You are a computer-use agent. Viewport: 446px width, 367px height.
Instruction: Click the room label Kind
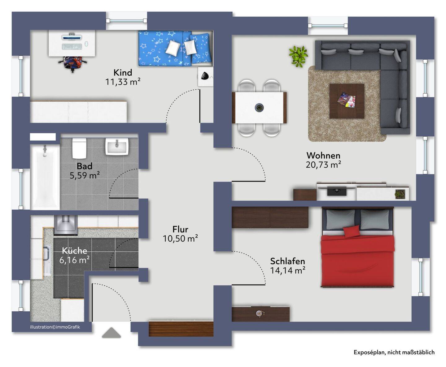(123, 73)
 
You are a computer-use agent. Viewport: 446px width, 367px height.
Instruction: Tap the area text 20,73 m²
(323, 165)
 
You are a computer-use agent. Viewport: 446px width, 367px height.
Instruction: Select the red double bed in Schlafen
(357, 247)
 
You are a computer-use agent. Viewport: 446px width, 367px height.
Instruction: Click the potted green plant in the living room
(298, 56)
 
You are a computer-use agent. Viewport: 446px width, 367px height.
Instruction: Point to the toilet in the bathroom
(79, 148)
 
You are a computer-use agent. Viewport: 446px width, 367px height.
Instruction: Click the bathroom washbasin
(117, 146)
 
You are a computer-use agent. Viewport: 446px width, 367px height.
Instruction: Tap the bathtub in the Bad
(45, 177)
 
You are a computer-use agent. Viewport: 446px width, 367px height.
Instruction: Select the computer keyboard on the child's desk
(72, 46)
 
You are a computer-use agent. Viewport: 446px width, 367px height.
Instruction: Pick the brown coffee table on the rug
(347, 101)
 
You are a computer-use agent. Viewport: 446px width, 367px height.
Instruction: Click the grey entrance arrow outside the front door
(111, 333)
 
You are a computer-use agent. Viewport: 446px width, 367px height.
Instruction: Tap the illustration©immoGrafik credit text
(55, 327)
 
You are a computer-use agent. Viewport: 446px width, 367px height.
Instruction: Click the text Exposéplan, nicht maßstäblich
(394, 352)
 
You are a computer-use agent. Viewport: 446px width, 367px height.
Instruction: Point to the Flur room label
(180, 229)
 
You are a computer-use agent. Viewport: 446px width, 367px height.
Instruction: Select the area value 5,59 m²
(85, 175)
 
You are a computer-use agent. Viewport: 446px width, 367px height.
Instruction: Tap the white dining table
(259, 108)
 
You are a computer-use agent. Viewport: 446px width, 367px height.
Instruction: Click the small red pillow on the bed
(351, 231)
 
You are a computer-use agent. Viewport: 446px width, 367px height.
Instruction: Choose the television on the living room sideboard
(337, 191)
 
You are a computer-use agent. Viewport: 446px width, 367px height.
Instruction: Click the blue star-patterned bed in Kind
(175, 49)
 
